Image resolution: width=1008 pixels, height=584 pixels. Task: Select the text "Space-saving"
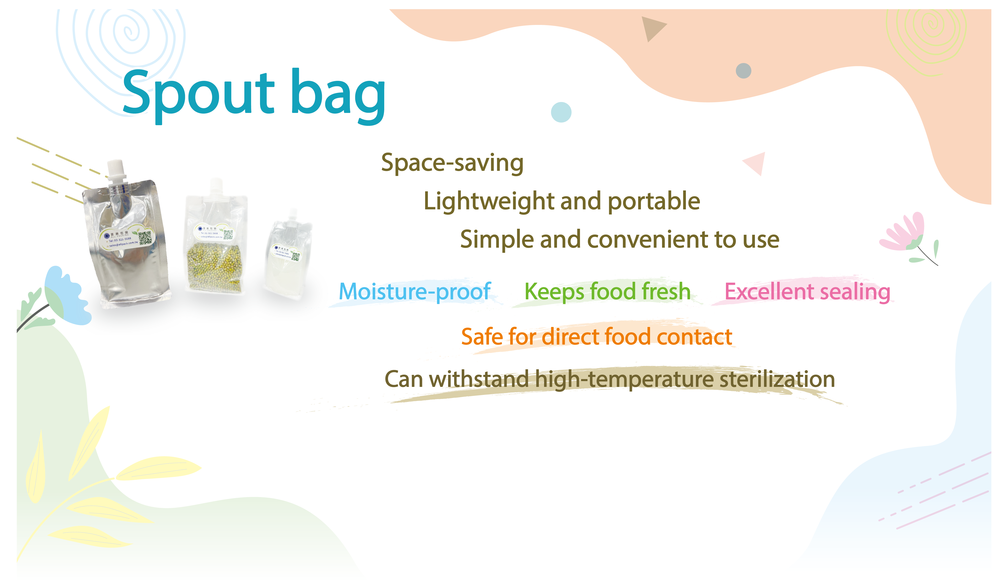tap(452, 163)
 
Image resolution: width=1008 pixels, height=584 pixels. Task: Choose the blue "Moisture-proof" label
tap(415, 291)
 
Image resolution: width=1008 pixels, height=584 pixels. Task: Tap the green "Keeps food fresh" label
tap(607, 291)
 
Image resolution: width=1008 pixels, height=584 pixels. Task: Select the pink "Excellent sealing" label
tap(807, 291)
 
